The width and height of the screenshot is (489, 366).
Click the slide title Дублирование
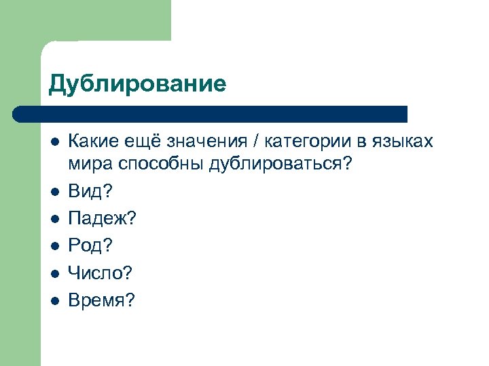(137, 83)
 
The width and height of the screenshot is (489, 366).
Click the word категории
(306, 142)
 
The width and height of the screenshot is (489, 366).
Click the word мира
(90, 165)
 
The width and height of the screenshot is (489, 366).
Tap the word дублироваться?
(280, 165)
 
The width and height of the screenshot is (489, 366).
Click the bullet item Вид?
(90, 192)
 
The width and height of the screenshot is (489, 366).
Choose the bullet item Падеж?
(102, 219)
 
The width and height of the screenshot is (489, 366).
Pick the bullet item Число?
(100, 273)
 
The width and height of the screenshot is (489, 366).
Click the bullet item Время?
(102, 300)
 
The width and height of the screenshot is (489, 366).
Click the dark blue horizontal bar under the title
(211, 114)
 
